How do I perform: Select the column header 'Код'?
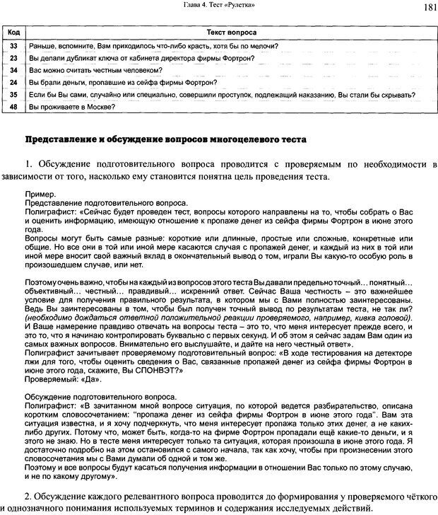pyautogui.click(x=13, y=33)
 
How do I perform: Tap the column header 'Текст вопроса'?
pyautogui.click(x=231, y=33)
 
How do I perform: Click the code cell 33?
pyautogui.click(x=13, y=46)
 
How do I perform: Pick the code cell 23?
pyautogui.click(x=13, y=58)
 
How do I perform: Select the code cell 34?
pyautogui.click(x=13, y=71)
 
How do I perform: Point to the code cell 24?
pyautogui.click(x=13, y=83)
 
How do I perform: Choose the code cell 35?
pyautogui.click(x=13, y=95)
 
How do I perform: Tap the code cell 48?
pyautogui.click(x=13, y=107)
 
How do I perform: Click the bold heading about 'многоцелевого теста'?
pyautogui.click(x=166, y=139)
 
